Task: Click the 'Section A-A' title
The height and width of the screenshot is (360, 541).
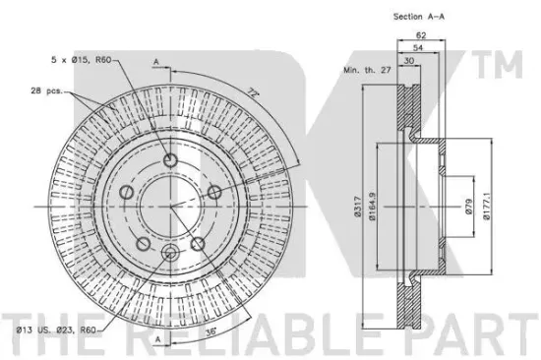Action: click(x=418, y=16)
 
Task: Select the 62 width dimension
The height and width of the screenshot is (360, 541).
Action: click(x=421, y=34)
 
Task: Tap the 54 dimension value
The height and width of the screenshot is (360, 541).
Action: click(x=418, y=47)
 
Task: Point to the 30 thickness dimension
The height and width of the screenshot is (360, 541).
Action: click(x=409, y=61)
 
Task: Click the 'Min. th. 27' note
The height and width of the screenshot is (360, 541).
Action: click(x=367, y=70)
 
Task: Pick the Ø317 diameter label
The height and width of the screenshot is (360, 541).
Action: click(x=357, y=207)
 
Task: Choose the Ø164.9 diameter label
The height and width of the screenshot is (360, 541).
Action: click(x=372, y=207)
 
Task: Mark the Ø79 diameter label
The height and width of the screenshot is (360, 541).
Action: click(x=468, y=207)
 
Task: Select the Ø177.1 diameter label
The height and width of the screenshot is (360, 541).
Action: click(x=486, y=207)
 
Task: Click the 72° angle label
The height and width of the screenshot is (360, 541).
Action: click(x=253, y=93)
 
